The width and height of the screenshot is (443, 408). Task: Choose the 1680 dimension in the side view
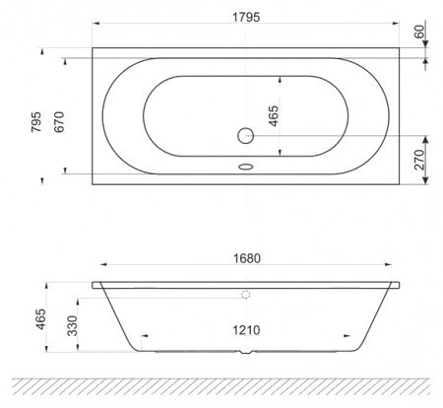(247, 257)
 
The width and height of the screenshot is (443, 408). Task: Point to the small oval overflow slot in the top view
(246, 167)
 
